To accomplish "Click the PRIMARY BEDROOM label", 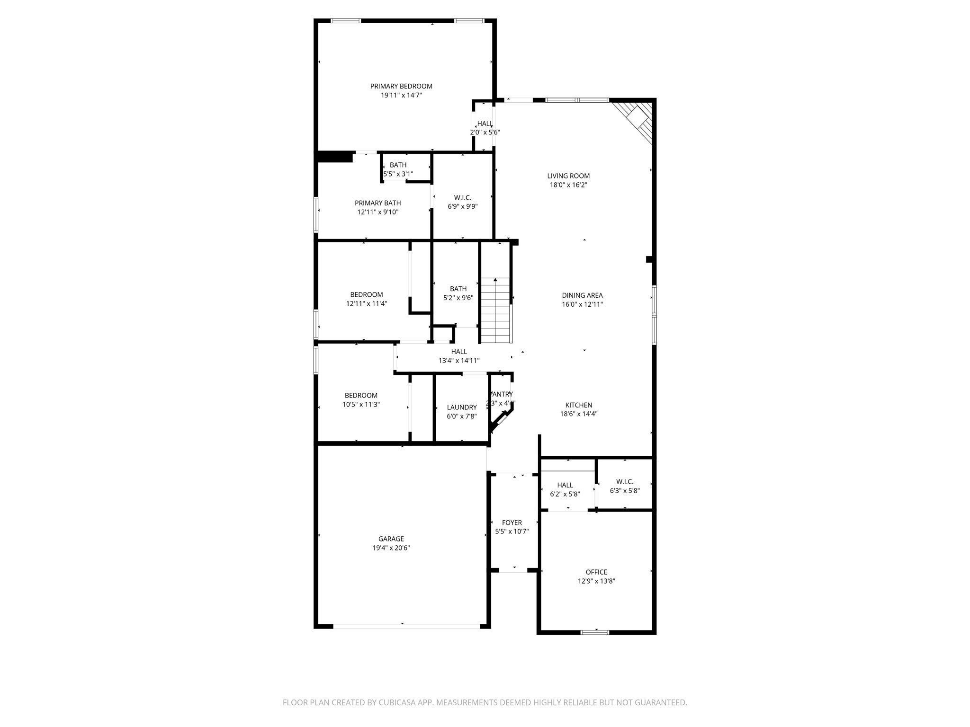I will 401,86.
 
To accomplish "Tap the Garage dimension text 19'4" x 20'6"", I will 391,548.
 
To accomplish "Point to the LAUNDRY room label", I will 461,407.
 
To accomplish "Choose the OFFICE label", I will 596,572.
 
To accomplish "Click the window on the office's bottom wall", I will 595,632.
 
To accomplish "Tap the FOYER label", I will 512,523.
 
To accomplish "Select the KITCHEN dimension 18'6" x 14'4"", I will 578,414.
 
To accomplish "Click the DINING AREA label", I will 582,295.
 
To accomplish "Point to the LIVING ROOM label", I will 568,176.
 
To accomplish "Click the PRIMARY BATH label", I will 377,203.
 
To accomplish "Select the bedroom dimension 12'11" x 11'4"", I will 367,303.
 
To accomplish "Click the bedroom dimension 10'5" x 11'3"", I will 361,404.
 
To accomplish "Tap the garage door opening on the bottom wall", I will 406,626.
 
